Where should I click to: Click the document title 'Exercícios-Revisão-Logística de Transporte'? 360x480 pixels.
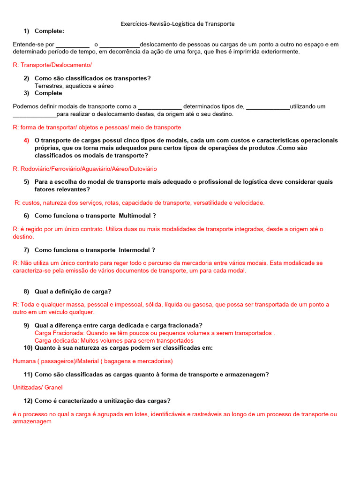178,23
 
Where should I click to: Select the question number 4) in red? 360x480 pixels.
26,140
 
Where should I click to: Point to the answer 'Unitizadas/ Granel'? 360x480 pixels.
37,387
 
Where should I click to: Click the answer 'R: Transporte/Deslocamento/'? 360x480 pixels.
52,65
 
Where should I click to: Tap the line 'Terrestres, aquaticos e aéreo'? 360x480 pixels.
74,86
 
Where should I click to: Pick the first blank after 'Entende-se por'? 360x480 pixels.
72,45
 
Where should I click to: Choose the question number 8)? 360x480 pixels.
26,291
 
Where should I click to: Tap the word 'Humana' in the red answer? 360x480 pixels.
23,361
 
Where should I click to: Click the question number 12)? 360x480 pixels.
28,401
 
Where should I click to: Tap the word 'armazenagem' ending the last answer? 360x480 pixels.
32,421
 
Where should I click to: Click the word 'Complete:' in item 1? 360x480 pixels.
49,31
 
